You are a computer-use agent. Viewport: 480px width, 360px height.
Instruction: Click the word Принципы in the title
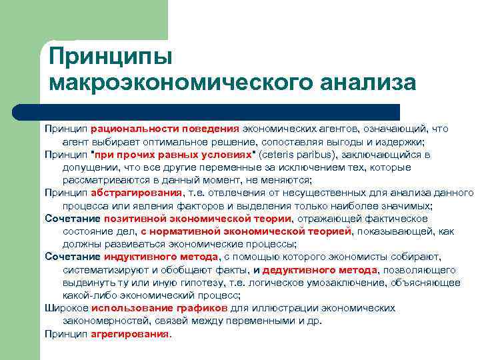click(x=111, y=55)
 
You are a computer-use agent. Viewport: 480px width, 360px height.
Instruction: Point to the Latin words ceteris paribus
click(x=295, y=155)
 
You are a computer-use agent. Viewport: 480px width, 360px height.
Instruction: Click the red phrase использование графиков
click(x=159, y=308)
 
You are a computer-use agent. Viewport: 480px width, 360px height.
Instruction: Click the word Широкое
click(x=67, y=308)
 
